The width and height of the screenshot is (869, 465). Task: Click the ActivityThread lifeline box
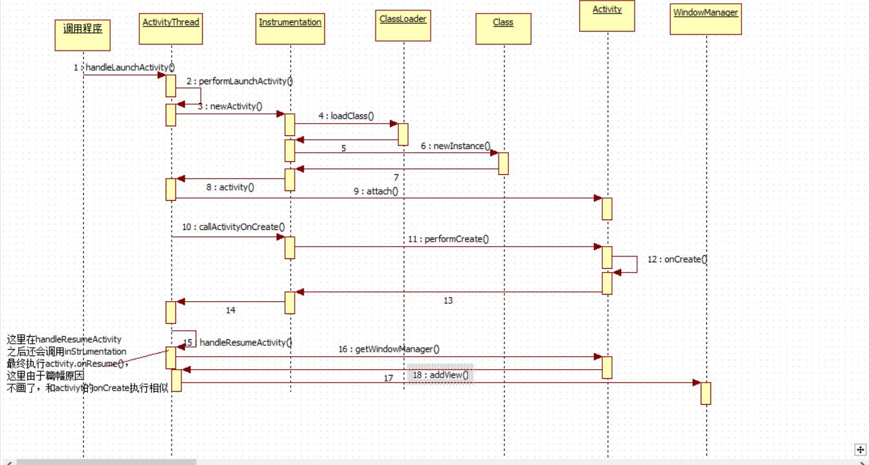point(171,28)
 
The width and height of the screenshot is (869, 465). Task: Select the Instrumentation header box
point(290,28)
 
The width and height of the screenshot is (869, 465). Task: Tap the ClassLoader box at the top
point(403,26)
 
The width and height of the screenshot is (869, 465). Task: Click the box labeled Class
point(504,28)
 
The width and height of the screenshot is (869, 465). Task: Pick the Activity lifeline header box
point(607,16)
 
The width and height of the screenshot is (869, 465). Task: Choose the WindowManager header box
point(706,19)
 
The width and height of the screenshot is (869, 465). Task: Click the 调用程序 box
point(83,35)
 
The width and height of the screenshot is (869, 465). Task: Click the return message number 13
point(448,301)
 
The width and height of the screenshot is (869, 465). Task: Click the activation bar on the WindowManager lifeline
point(706,394)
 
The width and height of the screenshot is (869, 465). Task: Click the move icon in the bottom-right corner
point(860,450)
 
